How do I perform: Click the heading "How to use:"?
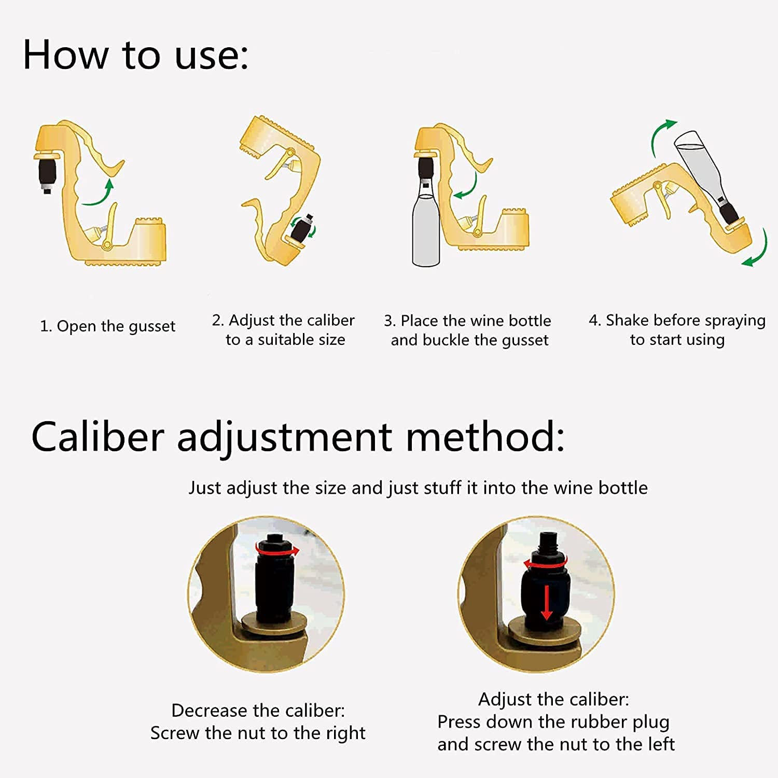[x=136, y=55]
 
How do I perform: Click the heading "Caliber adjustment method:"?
[x=298, y=437]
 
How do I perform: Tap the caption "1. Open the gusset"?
[x=108, y=327]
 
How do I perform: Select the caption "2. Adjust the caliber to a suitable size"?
[x=283, y=330]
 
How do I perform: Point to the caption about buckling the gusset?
[x=468, y=330]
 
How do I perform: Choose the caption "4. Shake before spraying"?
[x=677, y=321]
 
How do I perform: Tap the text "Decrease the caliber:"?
[x=258, y=711]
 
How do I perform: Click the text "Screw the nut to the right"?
[x=258, y=733]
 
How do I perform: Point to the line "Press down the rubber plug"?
[x=553, y=722]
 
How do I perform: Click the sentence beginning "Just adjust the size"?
[x=418, y=488]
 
